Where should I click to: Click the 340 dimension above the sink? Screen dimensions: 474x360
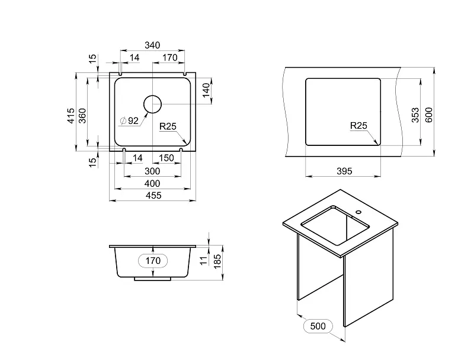tap(152, 46)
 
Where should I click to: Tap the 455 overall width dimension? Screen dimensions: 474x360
tap(153, 196)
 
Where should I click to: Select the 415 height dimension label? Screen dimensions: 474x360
tap(71, 115)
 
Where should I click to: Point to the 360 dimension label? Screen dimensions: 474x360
tap(82, 115)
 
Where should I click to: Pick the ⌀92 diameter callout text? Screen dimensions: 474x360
tap(129, 121)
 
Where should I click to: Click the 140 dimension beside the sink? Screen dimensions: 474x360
tap(206, 90)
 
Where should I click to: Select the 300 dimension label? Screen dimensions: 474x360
tap(152, 171)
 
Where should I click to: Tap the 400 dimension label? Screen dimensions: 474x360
tap(152, 184)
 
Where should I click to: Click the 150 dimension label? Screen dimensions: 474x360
tap(166, 158)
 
